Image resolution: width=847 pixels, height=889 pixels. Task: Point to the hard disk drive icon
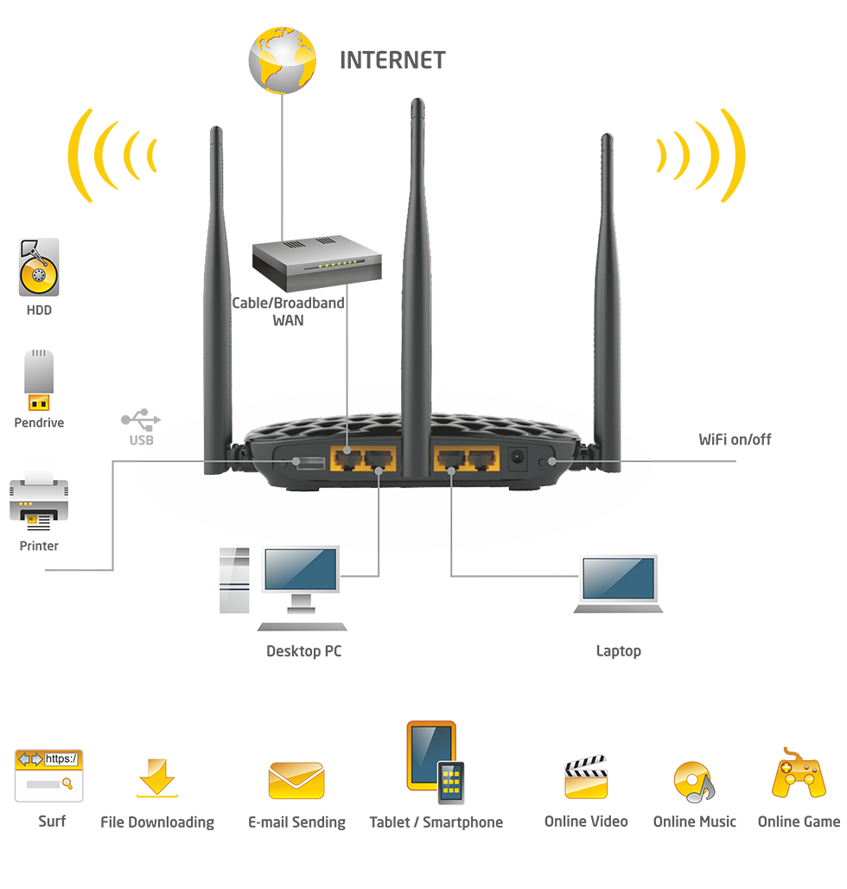[x=39, y=268]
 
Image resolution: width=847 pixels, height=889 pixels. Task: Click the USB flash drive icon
[x=37, y=381]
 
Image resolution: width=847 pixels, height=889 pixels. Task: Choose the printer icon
[x=34, y=502]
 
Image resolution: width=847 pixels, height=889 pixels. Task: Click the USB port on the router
[x=308, y=462]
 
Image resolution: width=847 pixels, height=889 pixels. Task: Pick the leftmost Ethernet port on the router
[x=347, y=458]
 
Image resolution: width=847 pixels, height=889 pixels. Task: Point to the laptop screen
[x=619, y=577]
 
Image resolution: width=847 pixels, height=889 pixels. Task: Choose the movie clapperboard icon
[x=586, y=777]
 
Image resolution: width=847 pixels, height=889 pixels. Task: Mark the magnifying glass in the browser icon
[x=67, y=783]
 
